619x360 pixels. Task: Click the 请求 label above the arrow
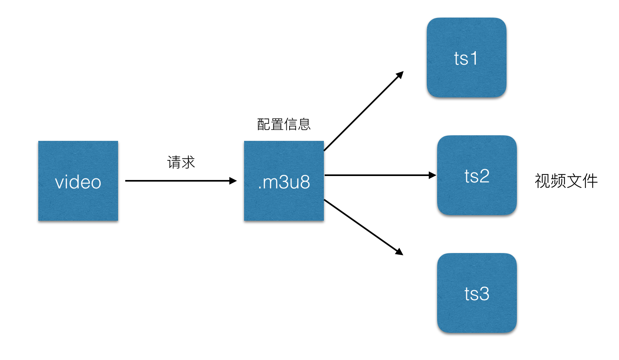pos(181,162)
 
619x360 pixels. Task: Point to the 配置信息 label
pos(284,125)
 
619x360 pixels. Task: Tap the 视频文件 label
pos(566,181)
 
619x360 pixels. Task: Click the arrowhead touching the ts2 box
pos(432,175)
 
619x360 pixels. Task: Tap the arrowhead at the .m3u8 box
pos(233,181)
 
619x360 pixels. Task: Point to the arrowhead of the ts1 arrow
pos(400,75)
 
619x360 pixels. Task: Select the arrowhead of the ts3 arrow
pos(399,252)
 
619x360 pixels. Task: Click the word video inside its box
pos(78,182)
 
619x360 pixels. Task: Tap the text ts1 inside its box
pos(466,59)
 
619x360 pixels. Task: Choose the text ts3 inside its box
pos(477,294)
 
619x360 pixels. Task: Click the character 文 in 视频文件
pos(574,181)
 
